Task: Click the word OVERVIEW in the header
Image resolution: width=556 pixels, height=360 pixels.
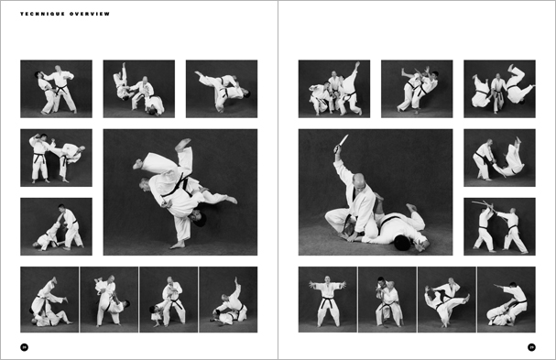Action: (93, 15)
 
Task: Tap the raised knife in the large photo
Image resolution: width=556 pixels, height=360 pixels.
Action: (342, 142)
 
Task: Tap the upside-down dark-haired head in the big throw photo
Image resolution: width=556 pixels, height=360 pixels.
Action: (199, 220)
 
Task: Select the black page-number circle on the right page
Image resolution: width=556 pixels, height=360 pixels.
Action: (531, 346)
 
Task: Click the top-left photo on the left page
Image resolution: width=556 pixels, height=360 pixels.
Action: (56, 89)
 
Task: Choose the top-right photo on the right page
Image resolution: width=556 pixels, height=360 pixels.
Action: (499, 89)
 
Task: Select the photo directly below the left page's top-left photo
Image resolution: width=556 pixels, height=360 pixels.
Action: (56, 158)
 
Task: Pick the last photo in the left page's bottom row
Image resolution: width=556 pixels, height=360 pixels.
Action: (228, 299)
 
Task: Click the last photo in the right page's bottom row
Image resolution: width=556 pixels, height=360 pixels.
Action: (507, 299)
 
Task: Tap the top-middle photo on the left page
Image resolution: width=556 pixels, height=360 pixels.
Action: (138, 89)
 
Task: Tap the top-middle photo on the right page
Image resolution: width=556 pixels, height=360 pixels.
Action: (417, 89)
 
